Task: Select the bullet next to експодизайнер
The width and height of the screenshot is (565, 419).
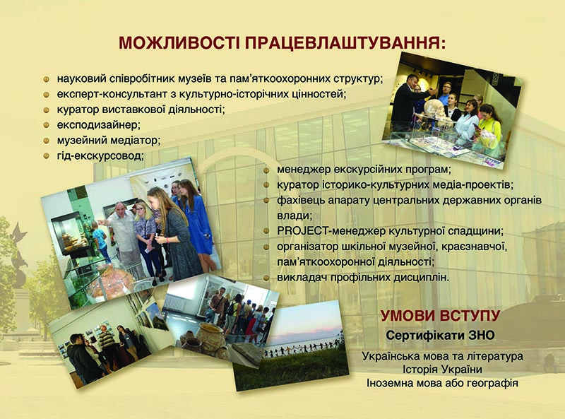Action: [46, 125]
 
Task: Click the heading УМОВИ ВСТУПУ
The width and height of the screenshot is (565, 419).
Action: [440, 316]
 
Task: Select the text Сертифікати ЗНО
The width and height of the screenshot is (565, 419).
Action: [440, 336]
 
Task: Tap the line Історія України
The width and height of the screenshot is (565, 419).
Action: [443, 370]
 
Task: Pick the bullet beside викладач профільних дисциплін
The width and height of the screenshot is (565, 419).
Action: [267, 278]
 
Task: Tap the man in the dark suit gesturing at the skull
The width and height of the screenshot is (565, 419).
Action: [408, 102]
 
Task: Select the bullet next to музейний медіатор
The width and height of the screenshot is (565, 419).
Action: [46, 141]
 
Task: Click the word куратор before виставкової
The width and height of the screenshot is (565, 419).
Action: [77, 110]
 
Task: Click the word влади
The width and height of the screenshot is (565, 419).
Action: [293, 216]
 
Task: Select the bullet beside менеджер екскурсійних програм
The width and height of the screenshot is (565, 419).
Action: [267, 170]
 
